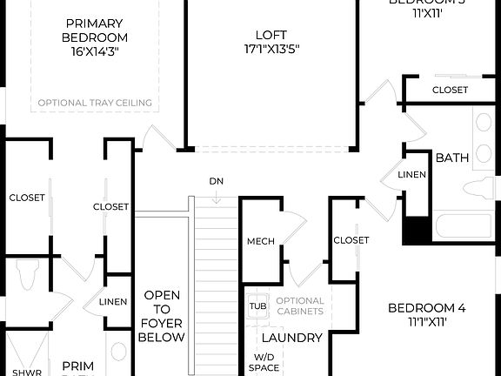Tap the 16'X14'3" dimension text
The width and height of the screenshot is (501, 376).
tap(95, 51)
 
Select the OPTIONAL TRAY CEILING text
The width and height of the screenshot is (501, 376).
tap(95, 103)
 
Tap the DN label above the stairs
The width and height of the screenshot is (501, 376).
tap(217, 181)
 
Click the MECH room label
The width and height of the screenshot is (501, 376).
tap(261, 241)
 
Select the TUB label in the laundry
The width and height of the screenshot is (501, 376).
tap(257, 305)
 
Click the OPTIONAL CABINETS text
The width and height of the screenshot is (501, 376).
tap(300, 305)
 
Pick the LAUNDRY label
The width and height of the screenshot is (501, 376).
tap(292, 338)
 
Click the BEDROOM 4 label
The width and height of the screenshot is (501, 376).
tap(426, 308)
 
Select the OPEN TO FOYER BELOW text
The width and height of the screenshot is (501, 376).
tap(163, 316)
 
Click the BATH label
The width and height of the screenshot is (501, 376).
tap(452, 158)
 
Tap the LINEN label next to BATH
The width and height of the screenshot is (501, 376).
tap(411, 175)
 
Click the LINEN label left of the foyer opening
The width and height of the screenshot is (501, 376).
tap(113, 302)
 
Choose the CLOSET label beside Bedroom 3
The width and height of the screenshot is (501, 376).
tap(450, 90)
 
